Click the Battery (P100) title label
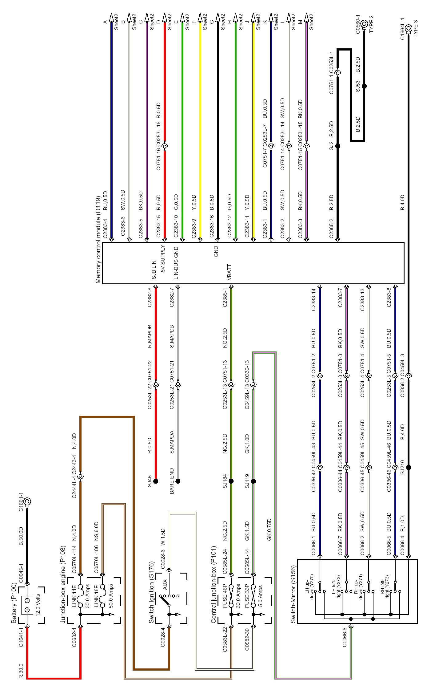(x=14, y=603)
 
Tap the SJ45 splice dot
(x=156, y=481)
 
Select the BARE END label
(x=172, y=481)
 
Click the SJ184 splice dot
(x=231, y=481)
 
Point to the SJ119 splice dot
(x=253, y=481)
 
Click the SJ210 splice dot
(x=409, y=467)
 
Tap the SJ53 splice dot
(x=364, y=86)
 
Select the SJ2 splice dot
(x=337, y=146)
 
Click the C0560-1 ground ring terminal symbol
(x=364, y=24)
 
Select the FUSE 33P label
(x=247, y=596)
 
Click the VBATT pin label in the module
(x=229, y=272)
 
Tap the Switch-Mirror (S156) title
(x=293, y=594)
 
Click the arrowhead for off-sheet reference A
(x=112, y=18)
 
